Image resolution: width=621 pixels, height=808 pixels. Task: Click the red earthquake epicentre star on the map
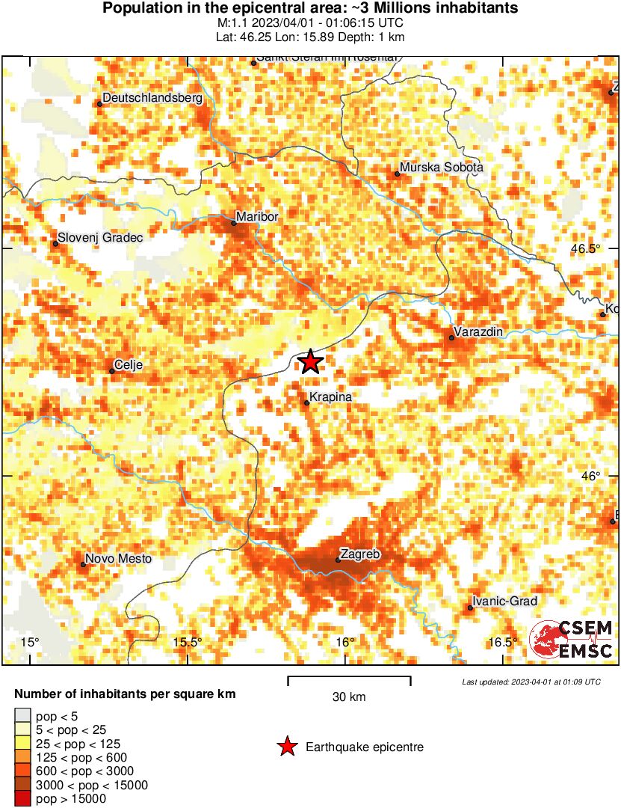pyautogui.click(x=310, y=362)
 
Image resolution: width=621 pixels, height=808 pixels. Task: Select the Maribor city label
pyautogui.click(x=258, y=217)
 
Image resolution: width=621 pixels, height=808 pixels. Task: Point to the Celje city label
pyautogui.click(x=129, y=365)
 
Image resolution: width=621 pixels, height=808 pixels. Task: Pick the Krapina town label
pyautogui.click(x=330, y=397)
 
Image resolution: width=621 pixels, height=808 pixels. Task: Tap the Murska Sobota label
pyautogui.click(x=442, y=168)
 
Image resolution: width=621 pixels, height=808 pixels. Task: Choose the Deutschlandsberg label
pyautogui.click(x=152, y=97)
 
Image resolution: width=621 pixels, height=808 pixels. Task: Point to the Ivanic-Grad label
pyautogui.click(x=505, y=601)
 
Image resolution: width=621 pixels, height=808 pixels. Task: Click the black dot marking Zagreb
pyautogui.click(x=338, y=560)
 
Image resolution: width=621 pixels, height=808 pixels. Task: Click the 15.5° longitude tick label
pyautogui.click(x=188, y=643)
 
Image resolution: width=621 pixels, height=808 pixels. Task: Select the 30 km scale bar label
pyautogui.click(x=349, y=697)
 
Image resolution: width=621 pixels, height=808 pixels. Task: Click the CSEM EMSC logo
pyautogui.click(x=572, y=639)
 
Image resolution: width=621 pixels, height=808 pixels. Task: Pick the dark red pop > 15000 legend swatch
pyautogui.click(x=22, y=799)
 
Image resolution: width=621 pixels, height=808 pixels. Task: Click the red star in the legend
pyautogui.click(x=286, y=747)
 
